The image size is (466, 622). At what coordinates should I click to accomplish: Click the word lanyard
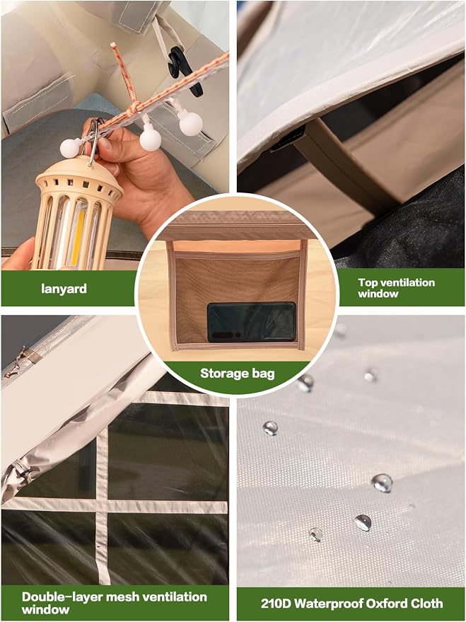click(x=64, y=289)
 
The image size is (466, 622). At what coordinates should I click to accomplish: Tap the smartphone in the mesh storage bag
click(x=252, y=322)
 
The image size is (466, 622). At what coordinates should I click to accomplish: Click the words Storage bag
click(x=238, y=374)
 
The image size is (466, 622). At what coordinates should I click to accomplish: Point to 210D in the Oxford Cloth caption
click(x=276, y=604)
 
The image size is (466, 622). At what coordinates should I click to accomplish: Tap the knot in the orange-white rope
click(x=135, y=107)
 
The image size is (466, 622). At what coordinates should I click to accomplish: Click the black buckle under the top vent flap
click(x=288, y=138)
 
